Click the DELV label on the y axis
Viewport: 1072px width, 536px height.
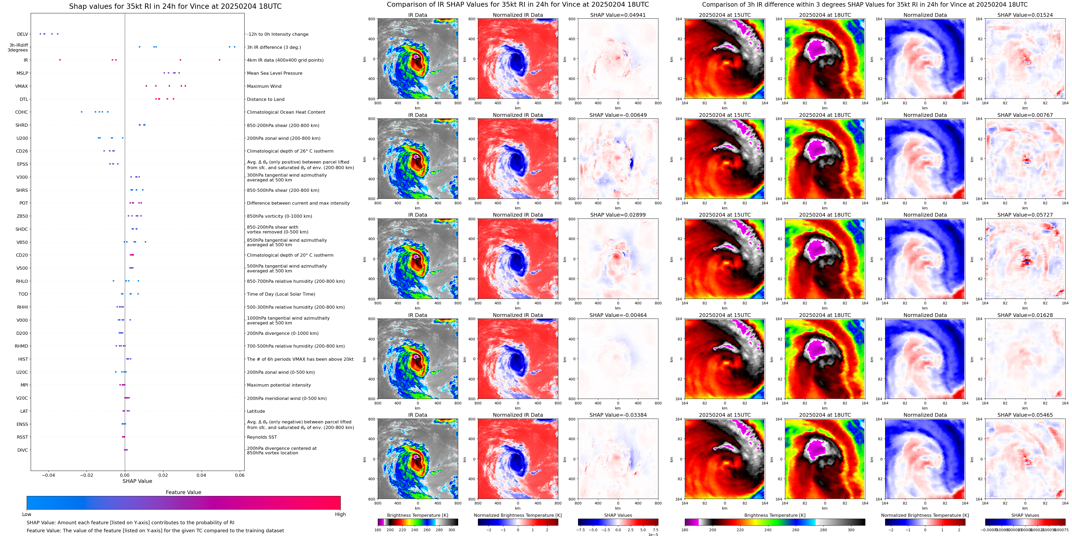22,34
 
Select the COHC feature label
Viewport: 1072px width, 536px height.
22,112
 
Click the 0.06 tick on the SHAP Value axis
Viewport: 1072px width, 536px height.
239,475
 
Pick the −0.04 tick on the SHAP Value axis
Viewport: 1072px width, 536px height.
48,475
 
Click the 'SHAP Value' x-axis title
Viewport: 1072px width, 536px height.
137,481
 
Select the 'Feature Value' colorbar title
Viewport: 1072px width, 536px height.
183,492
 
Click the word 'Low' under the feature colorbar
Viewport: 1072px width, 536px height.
27,514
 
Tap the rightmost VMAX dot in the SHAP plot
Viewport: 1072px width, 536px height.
185,86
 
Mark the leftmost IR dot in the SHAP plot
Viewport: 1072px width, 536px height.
60,60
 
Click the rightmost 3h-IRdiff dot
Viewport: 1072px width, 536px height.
234,47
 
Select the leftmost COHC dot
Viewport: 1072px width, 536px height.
81,112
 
